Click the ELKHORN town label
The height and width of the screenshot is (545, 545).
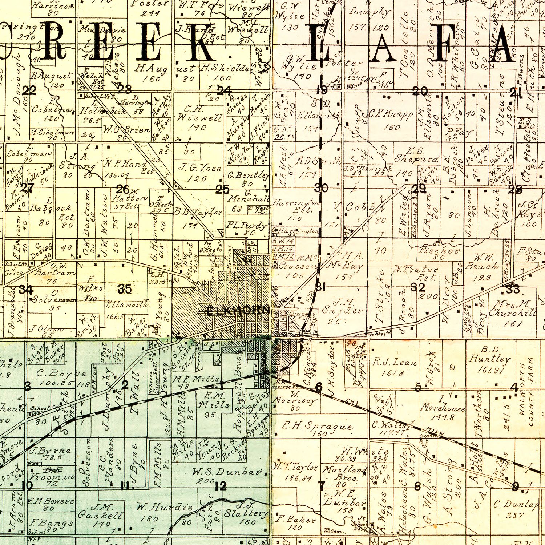click(238, 311)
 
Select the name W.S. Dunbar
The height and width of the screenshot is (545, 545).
click(227, 472)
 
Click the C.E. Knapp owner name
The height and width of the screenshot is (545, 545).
click(391, 115)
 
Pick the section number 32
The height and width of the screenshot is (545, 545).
click(418, 287)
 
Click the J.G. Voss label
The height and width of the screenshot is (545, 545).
click(200, 168)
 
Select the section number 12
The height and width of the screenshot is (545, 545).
click(221, 486)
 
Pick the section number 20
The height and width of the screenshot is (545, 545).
click(420, 92)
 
